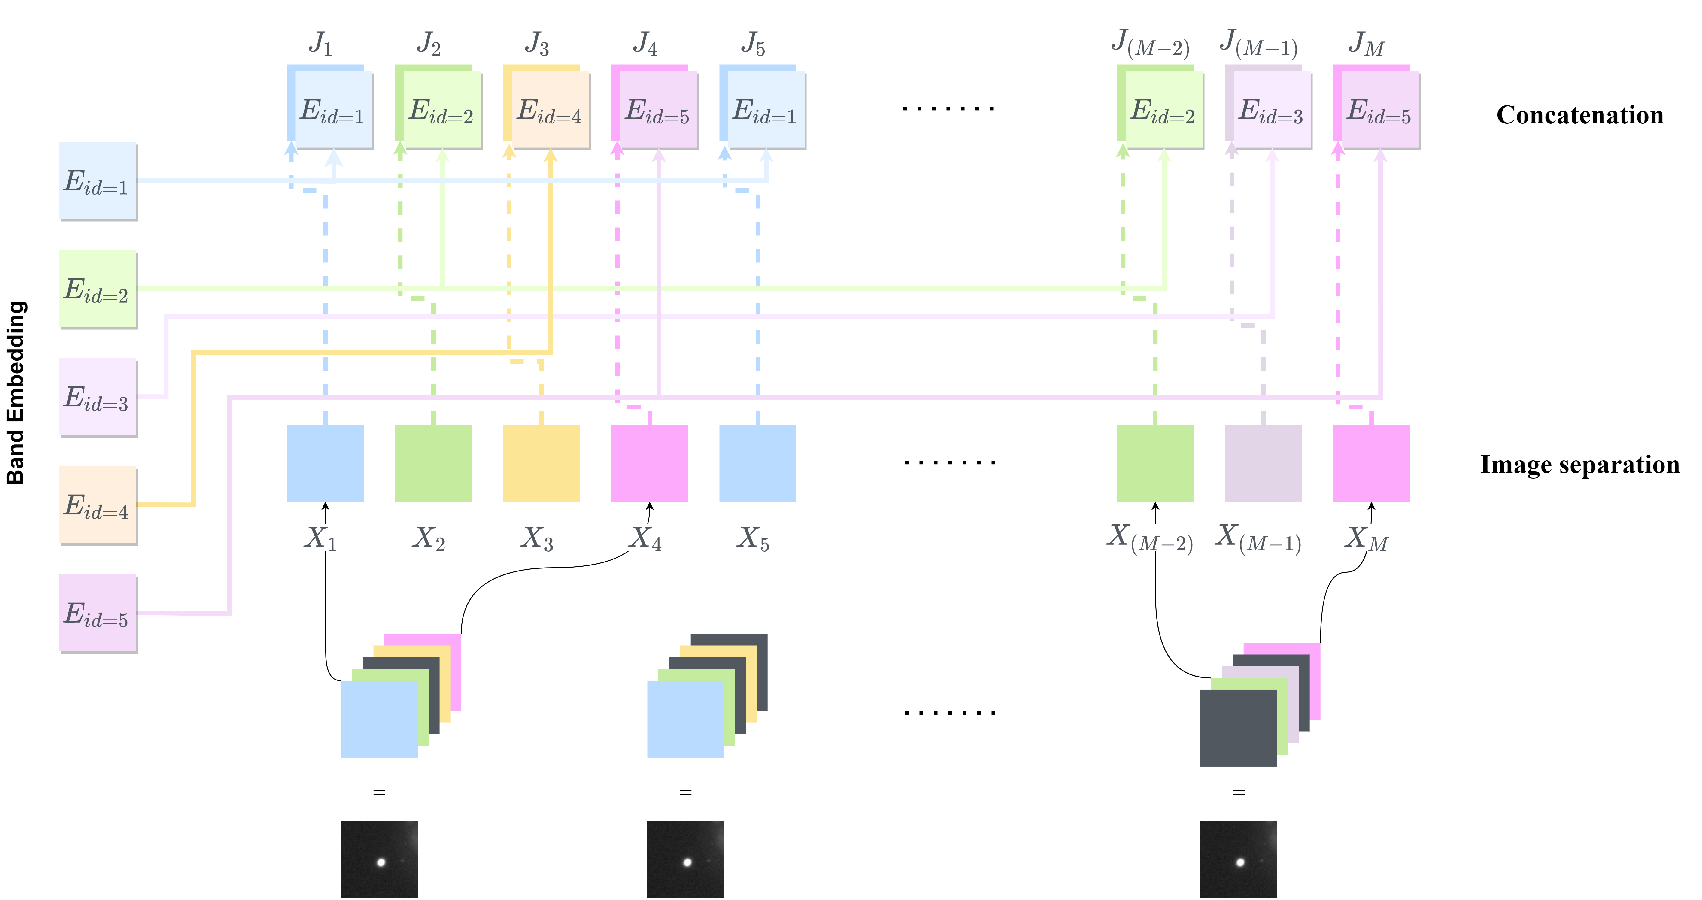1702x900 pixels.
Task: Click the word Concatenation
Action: pos(1579,115)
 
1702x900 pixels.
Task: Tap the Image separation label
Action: pos(1579,465)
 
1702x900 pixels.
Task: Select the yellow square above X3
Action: pos(541,462)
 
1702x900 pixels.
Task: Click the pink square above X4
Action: pos(650,462)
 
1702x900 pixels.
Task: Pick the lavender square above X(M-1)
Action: pos(1263,462)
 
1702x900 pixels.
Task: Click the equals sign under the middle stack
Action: pos(685,792)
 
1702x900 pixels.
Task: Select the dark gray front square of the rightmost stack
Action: pos(1238,728)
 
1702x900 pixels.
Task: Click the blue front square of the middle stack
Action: pos(685,719)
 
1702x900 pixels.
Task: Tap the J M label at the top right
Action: pos(1366,44)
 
